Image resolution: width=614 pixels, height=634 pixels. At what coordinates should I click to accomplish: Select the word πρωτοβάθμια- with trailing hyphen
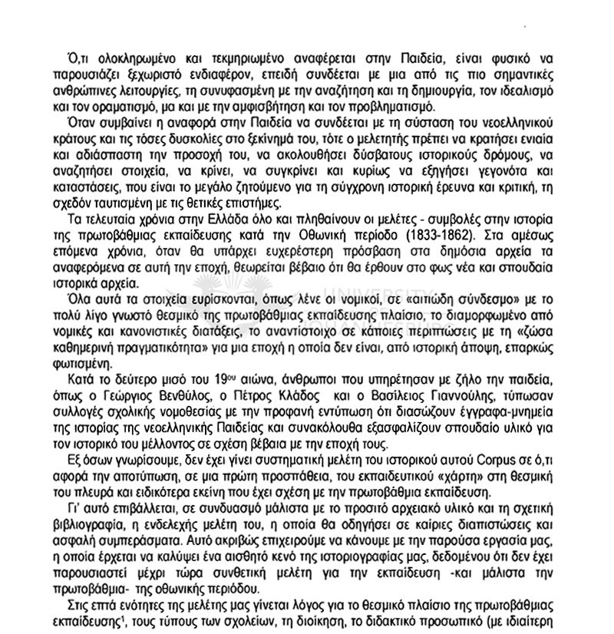click(108, 588)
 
